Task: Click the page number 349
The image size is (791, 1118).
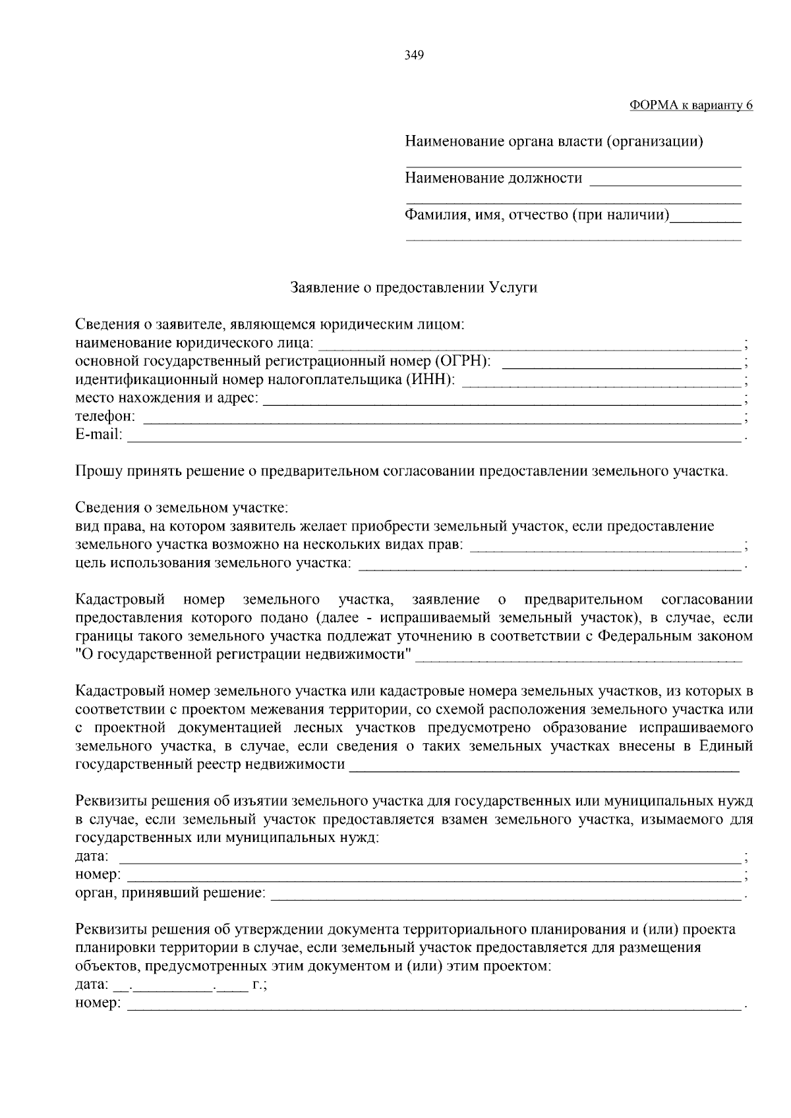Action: pyautogui.click(x=414, y=55)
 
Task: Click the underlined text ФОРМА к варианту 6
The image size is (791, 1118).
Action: pyautogui.click(x=691, y=105)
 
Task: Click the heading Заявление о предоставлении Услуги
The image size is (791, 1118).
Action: pyautogui.click(x=414, y=288)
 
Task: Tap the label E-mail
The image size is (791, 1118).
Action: pyautogui.click(x=99, y=435)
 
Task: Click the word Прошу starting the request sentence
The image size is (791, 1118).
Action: pyautogui.click(x=95, y=472)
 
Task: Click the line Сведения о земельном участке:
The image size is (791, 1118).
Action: pyautogui.click(x=182, y=508)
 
